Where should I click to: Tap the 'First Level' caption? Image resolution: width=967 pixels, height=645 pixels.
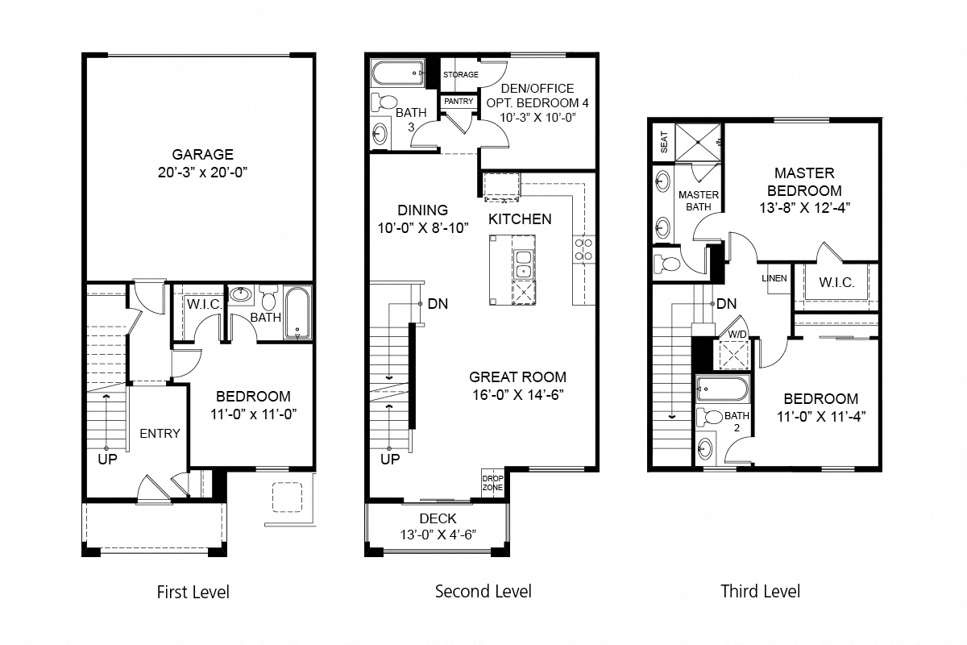[x=193, y=593]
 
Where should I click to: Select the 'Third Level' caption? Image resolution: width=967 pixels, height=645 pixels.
[x=760, y=592]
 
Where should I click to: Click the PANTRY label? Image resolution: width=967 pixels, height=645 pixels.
[x=459, y=102]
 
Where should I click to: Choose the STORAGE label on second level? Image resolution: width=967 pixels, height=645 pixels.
[x=460, y=75]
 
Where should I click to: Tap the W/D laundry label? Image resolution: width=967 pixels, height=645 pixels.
[x=737, y=334]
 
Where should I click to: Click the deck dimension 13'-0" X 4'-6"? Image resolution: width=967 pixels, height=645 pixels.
[x=438, y=534]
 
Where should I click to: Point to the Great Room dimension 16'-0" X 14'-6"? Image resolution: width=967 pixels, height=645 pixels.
[x=517, y=394]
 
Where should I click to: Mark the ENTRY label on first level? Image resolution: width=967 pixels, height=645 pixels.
[x=160, y=434]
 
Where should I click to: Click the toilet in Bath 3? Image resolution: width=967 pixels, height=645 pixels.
[x=385, y=103]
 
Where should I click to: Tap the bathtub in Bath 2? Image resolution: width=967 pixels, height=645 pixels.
[x=722, y=390]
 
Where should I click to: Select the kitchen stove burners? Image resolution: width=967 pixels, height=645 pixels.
[x=583, y=249]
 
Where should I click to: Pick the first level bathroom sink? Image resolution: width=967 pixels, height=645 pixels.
[x=240, y=294]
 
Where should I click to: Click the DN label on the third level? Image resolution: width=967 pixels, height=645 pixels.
[x=726, y=305]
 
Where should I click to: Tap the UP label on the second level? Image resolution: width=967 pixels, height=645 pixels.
[x=390, y=460]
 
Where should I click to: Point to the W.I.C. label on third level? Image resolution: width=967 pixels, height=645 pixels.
[x=832, y=283]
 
